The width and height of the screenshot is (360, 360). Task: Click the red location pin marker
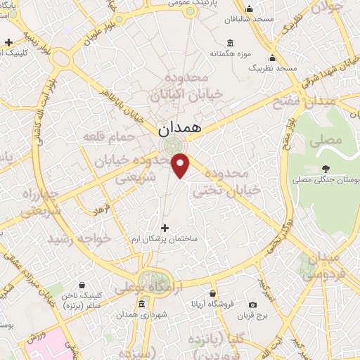click(x=181, y=165)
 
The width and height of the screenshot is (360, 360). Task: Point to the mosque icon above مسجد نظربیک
click(x=272, y=58)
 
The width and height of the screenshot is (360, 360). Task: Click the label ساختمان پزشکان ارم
click(x=165, y=240)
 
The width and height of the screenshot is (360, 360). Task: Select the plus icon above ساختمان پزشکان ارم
click(x=165, y=228)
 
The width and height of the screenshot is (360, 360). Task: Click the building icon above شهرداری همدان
click(x=141, y=304)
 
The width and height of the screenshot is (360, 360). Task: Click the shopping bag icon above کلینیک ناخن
click(x=83, y=285)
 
